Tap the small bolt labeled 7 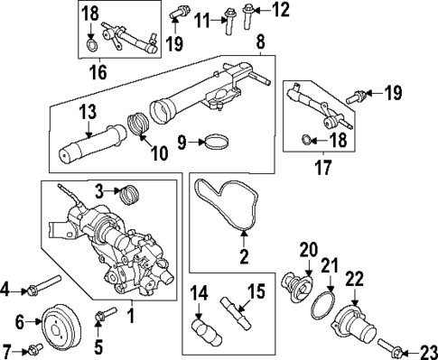tap(34, 347)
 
